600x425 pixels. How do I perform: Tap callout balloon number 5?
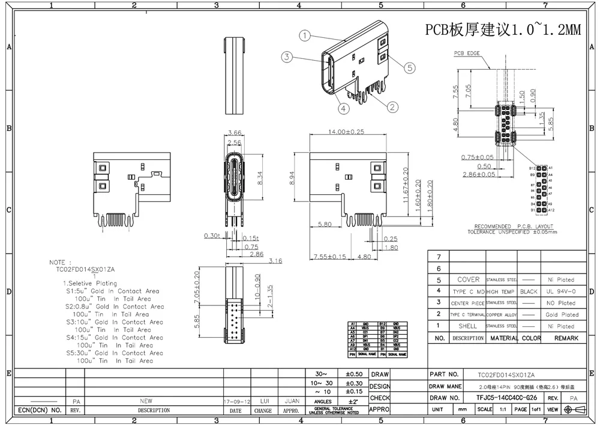pyautogui.click(x=410, y=68)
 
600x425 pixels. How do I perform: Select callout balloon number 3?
pyautogui.click(x=287, y=57)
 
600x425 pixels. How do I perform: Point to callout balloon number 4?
pyautogui.click(x=343, y=109)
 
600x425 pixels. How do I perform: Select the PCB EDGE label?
pyautogui.click(x=467, y=54)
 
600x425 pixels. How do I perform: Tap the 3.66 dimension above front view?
pyautogui.click(x=235, y=132)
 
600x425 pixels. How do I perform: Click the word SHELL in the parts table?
pyautogui.click(x=467, y=326)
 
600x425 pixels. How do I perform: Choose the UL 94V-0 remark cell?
pyautogui.click(x=560, y=292)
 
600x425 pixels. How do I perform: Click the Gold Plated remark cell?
pyautogui.click(x=562, y=314)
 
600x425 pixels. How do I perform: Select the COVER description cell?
pyautogui.click(x=469, y=280)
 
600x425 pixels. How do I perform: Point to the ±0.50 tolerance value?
pyautogui.click(x=355, y=375)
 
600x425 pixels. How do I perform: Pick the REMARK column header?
pyautogui.click(x=566, y=338)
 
